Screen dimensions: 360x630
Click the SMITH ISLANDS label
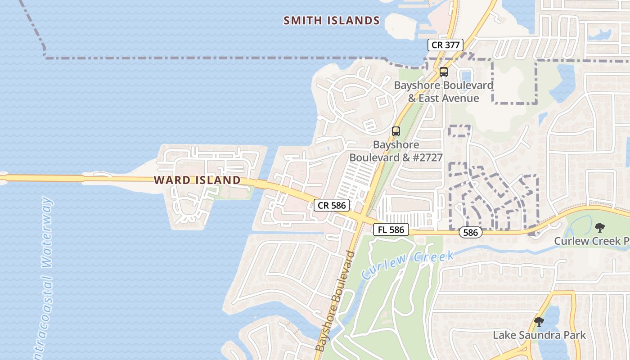coord(332,20)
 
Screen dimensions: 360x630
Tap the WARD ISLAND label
coord(197,180)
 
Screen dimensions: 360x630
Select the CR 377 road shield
coord(445,45)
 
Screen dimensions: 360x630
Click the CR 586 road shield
coord(332,206)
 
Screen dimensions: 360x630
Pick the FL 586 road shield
coord(391,229)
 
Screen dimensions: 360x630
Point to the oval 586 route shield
coord(471,233)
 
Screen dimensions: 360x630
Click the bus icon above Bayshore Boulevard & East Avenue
coord(444,72)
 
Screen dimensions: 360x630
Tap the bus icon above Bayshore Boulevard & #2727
coord(396,131)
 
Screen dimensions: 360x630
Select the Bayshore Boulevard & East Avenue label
coord(444,92)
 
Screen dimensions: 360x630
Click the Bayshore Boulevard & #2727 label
coord(396,151)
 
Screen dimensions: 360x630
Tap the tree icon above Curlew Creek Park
coord(600,228)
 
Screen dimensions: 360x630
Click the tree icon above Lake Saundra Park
coord(539,322)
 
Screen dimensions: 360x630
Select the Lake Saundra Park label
coord(539,335)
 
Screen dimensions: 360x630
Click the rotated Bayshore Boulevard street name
coord(335,301)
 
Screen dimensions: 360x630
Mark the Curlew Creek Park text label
coord(591,241)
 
